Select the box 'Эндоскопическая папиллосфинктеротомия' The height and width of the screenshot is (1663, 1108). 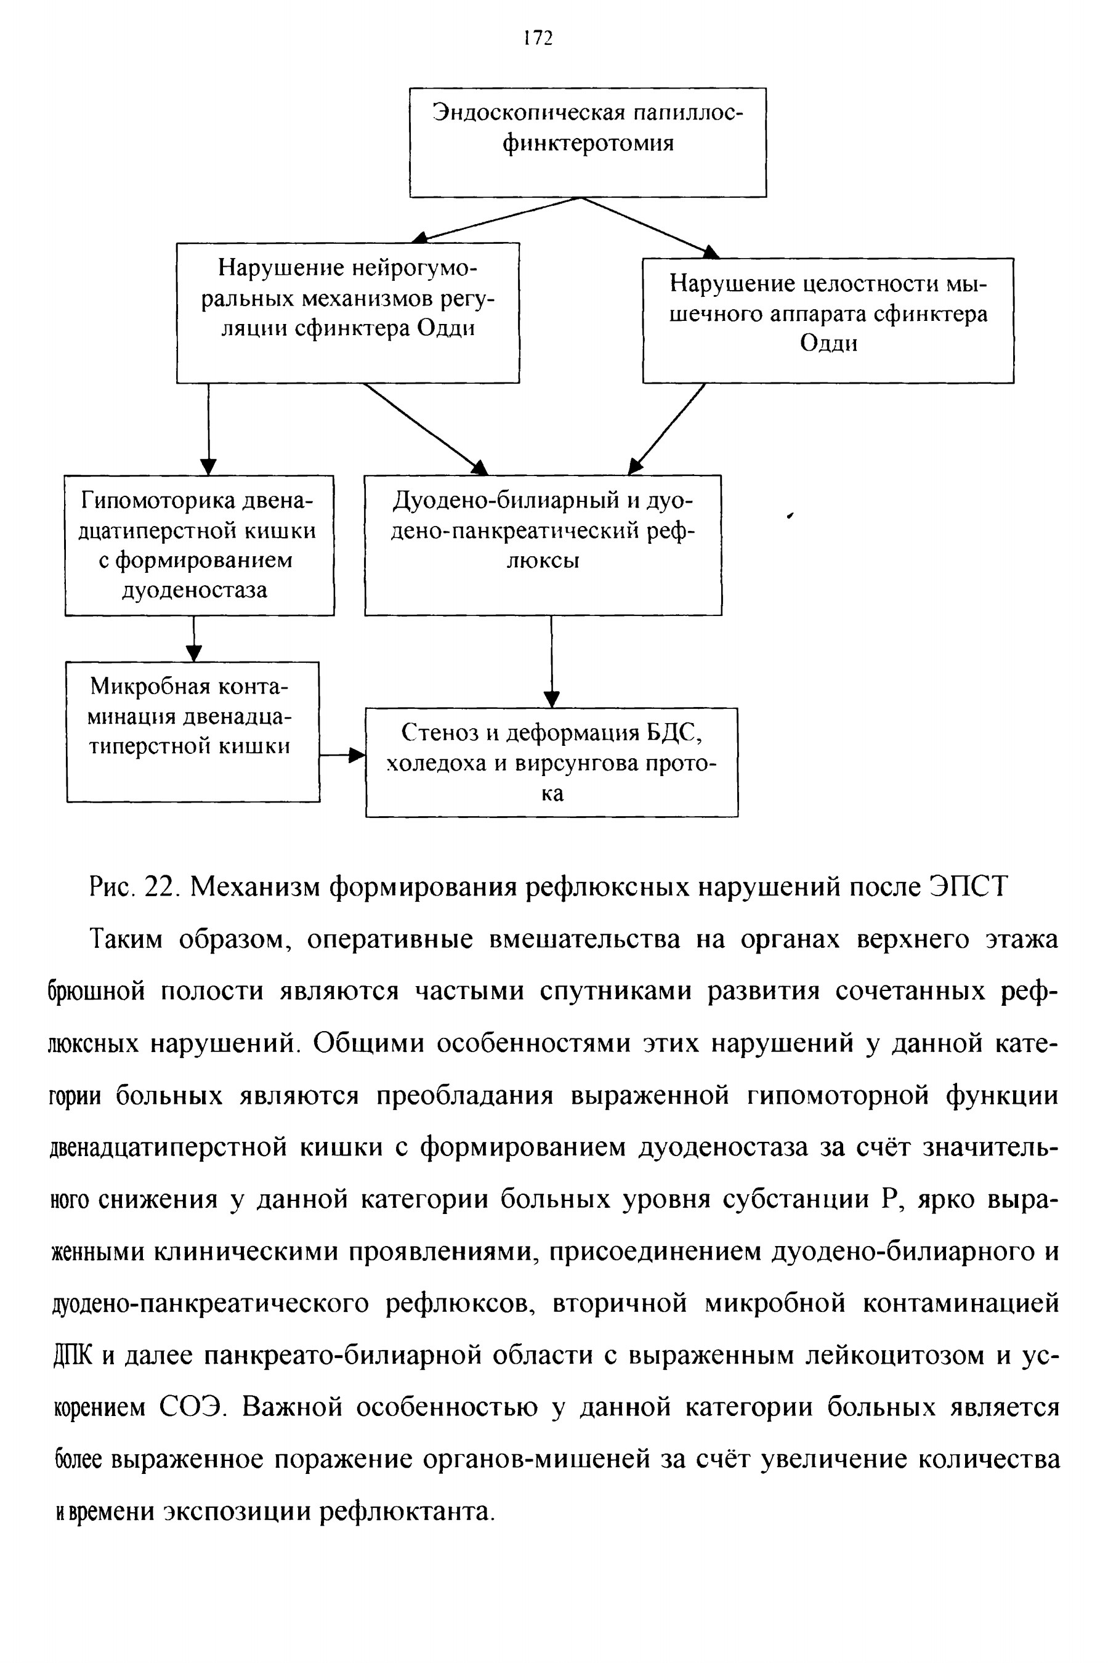(588, 142)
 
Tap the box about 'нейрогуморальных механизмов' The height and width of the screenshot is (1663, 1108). (347, 312)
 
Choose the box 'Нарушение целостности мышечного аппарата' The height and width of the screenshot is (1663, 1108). (828, 320)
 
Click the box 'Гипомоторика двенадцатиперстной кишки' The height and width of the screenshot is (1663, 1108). (200, 544)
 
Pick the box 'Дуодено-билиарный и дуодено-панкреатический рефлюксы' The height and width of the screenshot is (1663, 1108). (543, 544)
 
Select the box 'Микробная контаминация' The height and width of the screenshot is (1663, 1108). (193, 731)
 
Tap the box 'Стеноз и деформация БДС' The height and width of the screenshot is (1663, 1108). (551, 763)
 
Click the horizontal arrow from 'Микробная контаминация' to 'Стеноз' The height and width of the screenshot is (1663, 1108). (342, 755)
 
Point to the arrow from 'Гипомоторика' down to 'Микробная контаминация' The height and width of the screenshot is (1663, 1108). (193, 639)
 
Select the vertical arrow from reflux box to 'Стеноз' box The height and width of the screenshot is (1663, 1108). (552, 662)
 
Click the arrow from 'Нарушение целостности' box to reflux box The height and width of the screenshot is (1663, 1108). (667, 429)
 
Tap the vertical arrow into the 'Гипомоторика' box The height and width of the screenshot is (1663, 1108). (208, 429)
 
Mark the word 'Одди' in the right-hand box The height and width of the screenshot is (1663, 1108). (828, 344)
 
